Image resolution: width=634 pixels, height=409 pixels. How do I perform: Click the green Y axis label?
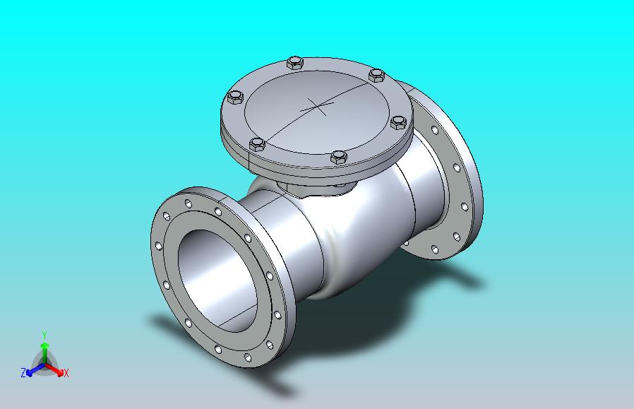click(45, 336)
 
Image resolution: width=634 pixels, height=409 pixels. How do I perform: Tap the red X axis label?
click(66, 373)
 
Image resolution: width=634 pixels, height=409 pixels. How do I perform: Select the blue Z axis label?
click(23, 372)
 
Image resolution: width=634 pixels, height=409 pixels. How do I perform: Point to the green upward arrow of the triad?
click(44, 352)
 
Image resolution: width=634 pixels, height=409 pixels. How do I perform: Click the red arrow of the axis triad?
click(54, 369)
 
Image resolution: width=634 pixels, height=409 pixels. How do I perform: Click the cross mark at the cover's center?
click(316, 107)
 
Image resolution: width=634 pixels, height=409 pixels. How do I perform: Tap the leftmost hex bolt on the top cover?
click(235, 97)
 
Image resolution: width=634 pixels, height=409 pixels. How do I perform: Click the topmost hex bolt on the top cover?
click(295, 63)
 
